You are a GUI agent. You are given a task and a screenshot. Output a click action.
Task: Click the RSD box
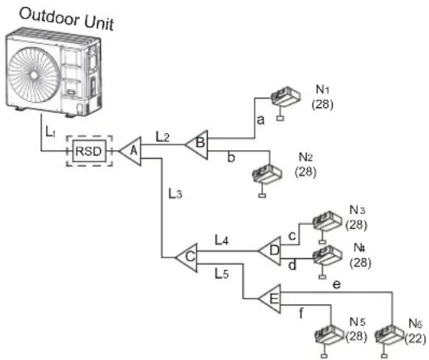point(89,151)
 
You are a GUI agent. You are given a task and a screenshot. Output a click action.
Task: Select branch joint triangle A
point(131,151)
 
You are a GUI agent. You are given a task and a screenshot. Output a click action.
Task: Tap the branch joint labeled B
point(197,144)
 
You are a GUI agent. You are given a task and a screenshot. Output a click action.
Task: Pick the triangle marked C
point(187,257)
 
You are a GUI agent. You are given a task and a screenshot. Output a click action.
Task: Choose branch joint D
point(271,251)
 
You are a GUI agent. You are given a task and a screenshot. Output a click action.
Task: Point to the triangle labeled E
point(271,299)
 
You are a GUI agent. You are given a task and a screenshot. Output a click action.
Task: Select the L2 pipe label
point(162,136)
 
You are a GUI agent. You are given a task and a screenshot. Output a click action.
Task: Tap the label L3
point(175,194)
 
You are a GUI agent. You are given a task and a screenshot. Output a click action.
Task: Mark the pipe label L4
point(221,240)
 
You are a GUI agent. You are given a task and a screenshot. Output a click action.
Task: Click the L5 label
point(221,274)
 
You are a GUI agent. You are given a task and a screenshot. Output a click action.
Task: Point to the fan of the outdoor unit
point(33,75)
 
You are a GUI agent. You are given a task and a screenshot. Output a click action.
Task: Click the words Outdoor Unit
point(66,19)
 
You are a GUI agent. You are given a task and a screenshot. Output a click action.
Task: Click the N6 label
point(415,324)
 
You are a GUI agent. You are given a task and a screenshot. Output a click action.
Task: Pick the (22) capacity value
point(415,339)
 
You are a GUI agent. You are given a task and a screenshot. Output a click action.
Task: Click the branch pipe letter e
point(337,285)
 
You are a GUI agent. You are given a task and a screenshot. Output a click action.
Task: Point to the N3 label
point(357,210)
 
